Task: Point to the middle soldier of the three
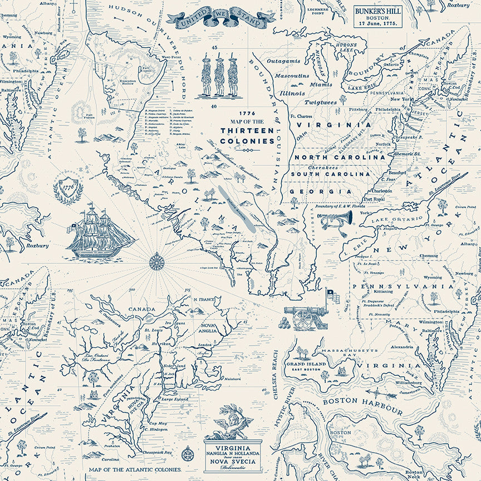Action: point(220,77)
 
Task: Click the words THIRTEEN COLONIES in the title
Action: point(247,135)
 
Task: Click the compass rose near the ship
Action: point(157,261)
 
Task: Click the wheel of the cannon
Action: point(303,319)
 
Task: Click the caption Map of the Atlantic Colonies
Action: point(134,469)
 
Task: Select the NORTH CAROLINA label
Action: point(333,158)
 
